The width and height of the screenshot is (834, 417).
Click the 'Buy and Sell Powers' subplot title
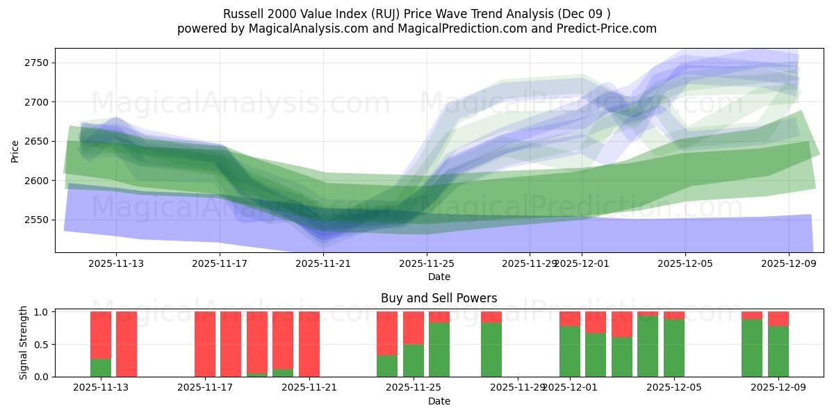click(439, 298)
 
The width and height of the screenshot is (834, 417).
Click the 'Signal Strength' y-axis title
click(24, 343)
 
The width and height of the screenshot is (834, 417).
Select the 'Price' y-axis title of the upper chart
click(15, 150)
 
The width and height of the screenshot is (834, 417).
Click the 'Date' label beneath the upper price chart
click(439, 277)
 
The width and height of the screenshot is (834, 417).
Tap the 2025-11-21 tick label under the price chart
click(323, 263)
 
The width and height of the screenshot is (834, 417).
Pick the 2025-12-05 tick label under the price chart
click(685, 263)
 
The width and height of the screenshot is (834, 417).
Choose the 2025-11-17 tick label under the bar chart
click(205, 388)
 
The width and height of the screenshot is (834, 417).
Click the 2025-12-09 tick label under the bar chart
click(778, 388)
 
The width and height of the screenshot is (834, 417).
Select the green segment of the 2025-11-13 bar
click(101, 368)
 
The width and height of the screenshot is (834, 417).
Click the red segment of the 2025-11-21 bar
click(309, 344)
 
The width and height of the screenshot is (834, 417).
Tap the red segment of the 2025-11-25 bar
click(414, 327)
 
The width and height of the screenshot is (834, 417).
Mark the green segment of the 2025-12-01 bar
click(570, 352)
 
